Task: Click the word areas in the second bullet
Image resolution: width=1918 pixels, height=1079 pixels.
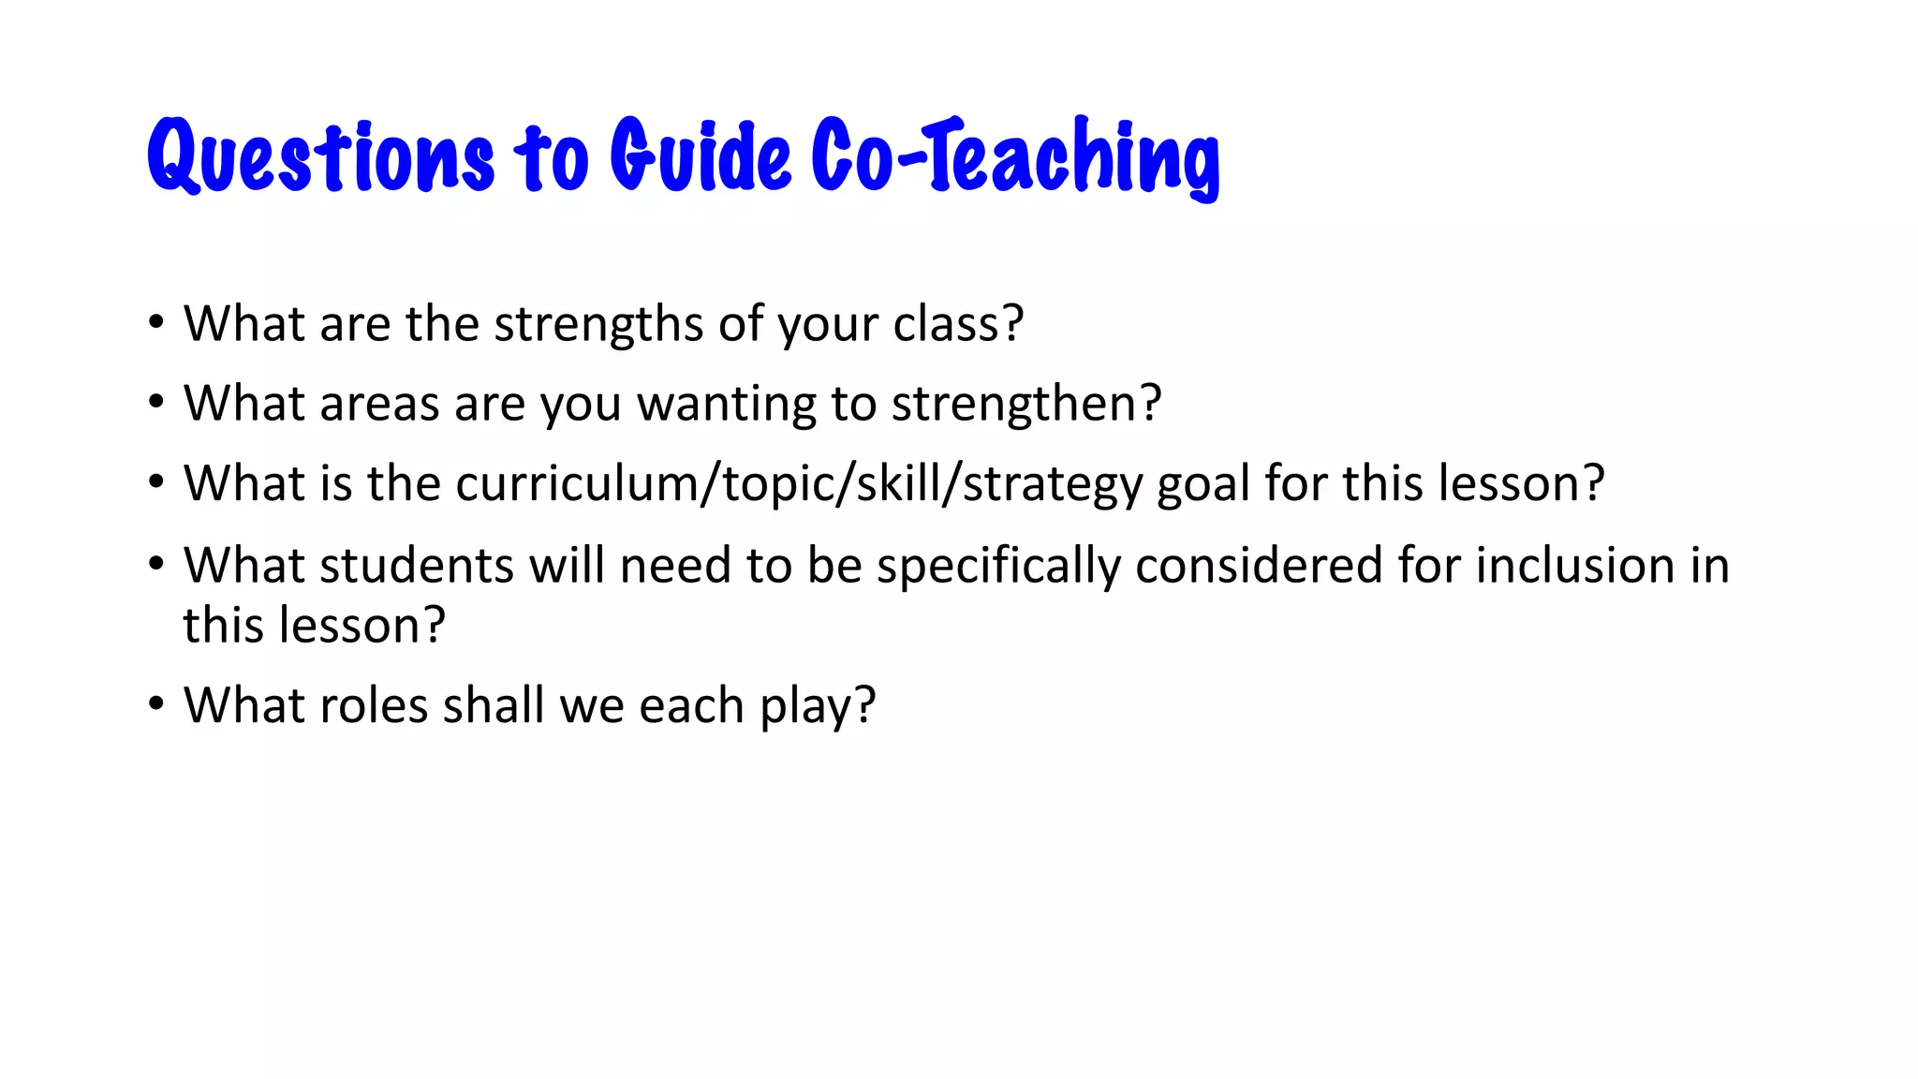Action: point(379,404)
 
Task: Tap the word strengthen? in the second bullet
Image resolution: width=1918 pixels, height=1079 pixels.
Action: point(1026,404)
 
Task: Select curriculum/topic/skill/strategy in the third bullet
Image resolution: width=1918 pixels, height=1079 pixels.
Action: point(799,484)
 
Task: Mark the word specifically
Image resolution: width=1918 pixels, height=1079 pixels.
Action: point(998,566)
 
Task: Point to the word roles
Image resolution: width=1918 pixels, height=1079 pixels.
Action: point(374,705)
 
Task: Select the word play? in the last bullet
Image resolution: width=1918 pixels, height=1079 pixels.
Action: point(818,705)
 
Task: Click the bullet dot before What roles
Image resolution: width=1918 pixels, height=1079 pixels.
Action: point(155,702)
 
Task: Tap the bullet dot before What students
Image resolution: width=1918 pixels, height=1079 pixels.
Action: point(155,564)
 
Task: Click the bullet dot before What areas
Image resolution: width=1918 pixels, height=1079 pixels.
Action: point(155,402)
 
